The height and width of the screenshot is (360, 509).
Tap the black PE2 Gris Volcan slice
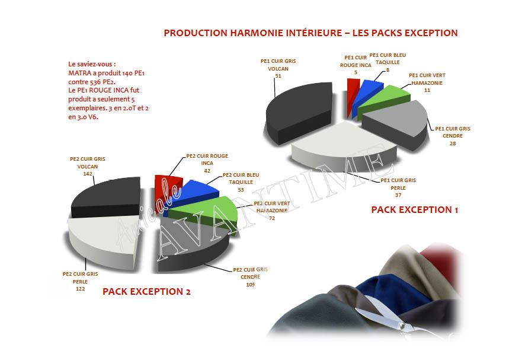pyautogui.click(x=107, y=196)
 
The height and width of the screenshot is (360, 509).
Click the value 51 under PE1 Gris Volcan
pyautogui.click(x=278, y=77)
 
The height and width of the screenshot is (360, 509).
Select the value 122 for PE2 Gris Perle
pyautogui.click(x=80, y=288)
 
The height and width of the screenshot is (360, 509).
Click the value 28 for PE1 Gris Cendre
pyautogui.click(x=453, y=143)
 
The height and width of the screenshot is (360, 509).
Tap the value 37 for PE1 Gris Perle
pyautogui.click(x=398, y=195)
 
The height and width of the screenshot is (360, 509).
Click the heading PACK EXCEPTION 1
pyautogui.click(x=414, y=210)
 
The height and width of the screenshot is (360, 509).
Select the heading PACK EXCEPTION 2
pyautogui.click(x=146, y=292)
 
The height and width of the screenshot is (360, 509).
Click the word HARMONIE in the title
pyautogui.click(x=258, y=33)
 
